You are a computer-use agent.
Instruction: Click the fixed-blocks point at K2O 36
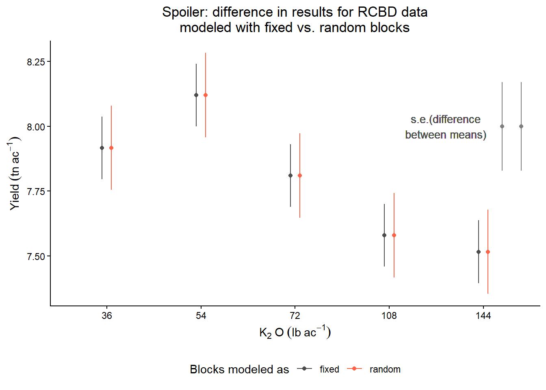(x=102, y=148)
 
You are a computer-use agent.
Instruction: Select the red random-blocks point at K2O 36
(x=111, y=148)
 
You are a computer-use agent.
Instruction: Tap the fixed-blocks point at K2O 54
(x=196, y=95)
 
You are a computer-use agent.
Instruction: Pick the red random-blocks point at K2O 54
(x=206, y=95)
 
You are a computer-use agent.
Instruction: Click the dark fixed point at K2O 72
(x=290, y=175)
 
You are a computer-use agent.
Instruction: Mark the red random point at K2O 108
(x=394, y=235)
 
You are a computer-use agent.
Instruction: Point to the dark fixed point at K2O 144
(x=479, y=252)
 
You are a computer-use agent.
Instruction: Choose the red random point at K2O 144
(x=488, y=252)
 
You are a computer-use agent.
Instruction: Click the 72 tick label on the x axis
(x=295, y=316)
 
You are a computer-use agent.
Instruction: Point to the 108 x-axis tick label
(x=389, y=316)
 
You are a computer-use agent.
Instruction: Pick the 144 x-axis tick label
(x=483, y=316)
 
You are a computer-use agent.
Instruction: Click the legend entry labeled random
(x=385, y=369)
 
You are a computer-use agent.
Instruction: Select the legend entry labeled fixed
(x=329, y=369)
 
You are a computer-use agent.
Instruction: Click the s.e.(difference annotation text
(x=445, y=119)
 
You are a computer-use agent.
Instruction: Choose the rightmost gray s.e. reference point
(x=521, y=126)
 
